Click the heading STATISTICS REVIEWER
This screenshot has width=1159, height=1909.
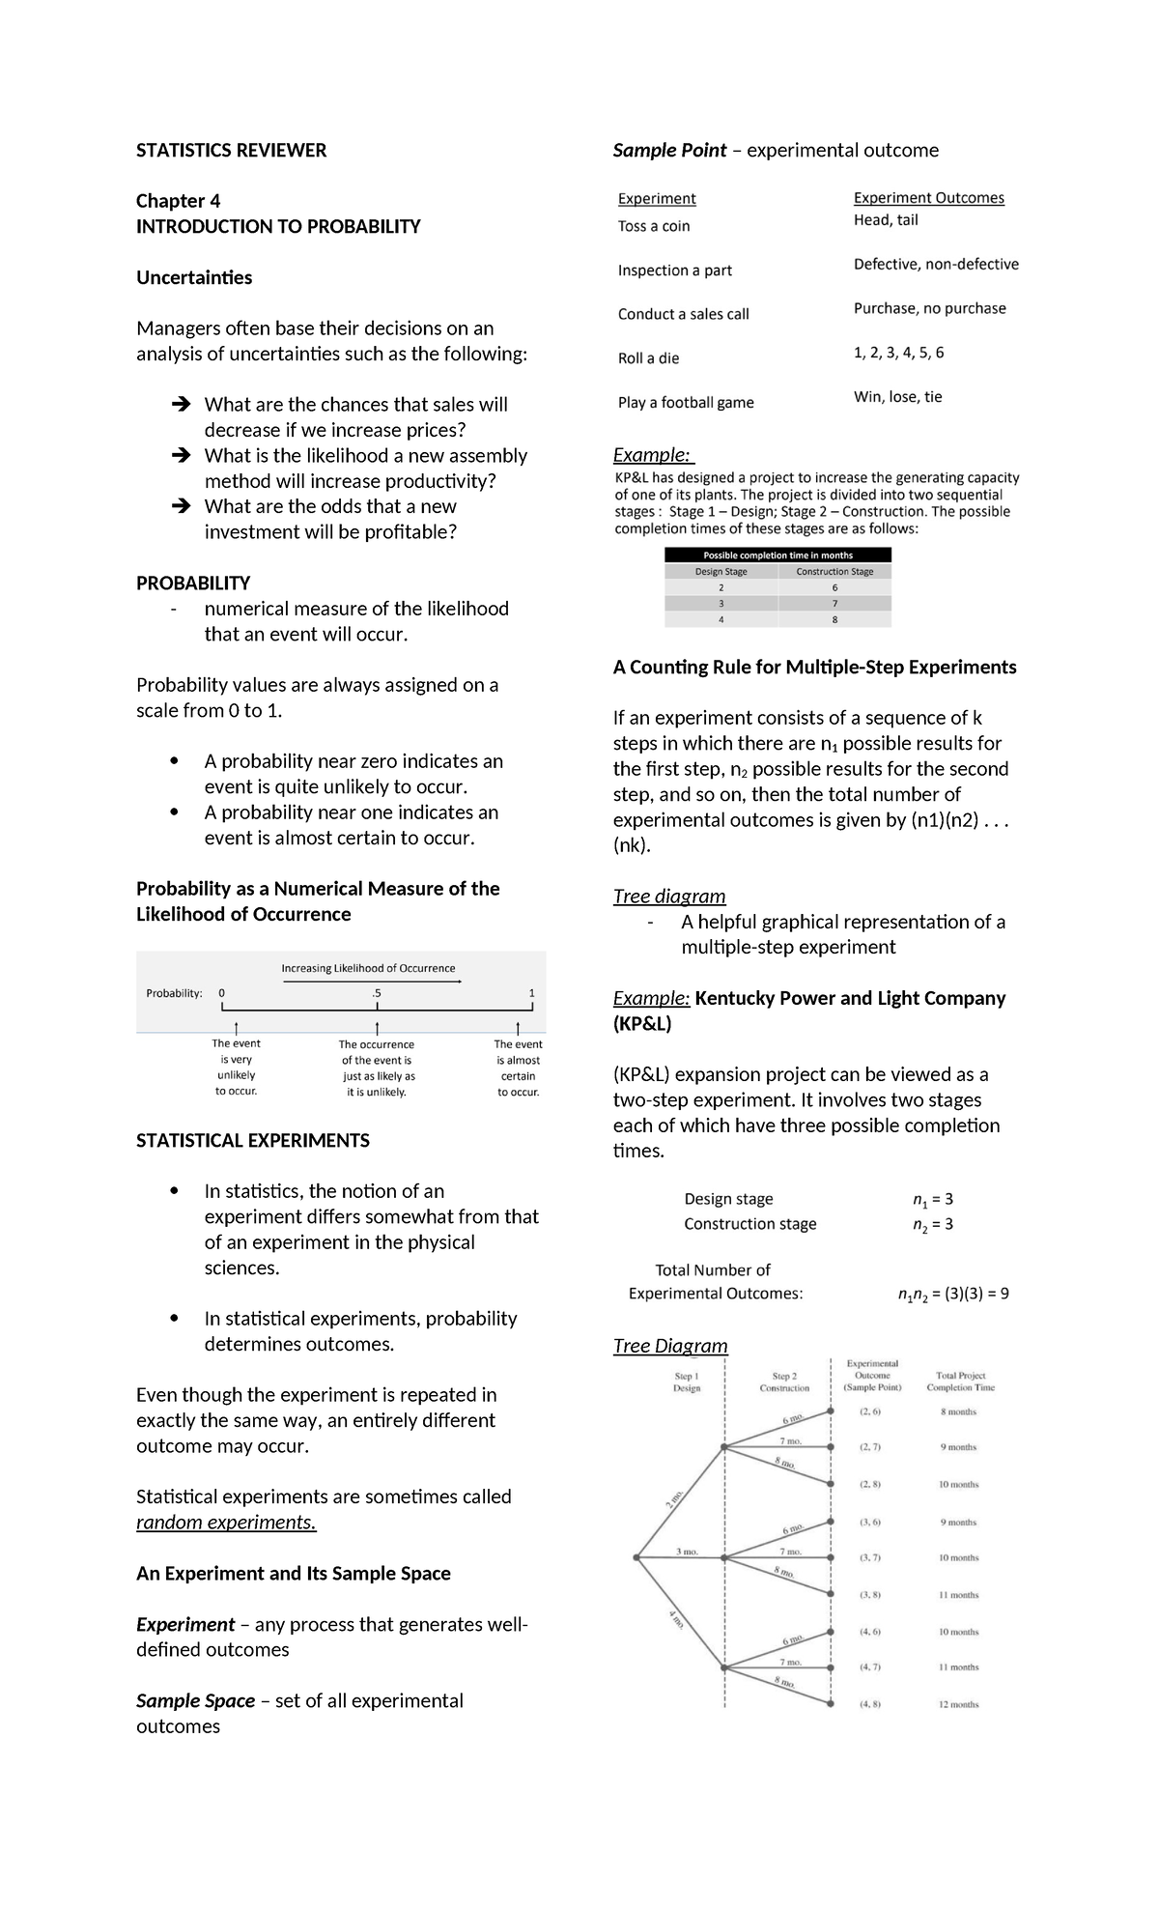231,150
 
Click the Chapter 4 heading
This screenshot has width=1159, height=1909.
178,201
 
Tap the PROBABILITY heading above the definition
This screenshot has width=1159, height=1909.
193,583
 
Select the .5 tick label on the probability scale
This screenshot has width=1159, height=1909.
376,993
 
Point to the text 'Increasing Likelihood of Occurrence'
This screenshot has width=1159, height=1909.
368,968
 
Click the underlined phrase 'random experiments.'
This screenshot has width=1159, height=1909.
226,1523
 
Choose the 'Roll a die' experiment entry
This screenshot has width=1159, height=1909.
648,358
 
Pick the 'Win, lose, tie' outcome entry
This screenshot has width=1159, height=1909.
897,397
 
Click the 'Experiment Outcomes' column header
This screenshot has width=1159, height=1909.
928,198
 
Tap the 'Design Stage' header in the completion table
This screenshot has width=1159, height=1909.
721,572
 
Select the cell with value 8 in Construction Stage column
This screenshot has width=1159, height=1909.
834,619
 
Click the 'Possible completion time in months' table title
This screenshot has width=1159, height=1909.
777,556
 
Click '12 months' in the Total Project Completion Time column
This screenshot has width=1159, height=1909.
958,1704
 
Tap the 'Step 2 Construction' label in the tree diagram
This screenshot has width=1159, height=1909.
784,1382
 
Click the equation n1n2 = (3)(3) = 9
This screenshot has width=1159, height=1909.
952,1294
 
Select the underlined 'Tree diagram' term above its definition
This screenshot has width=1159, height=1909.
669,897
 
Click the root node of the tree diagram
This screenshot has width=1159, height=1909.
636,1557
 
